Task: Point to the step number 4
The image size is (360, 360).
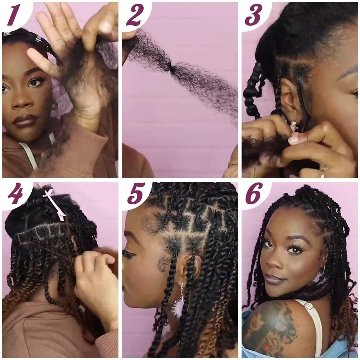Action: point(15,193)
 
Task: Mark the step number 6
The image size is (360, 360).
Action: point(254,193)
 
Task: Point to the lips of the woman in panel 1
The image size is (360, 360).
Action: point(24,121)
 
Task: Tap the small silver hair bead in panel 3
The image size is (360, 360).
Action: point(293,126)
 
